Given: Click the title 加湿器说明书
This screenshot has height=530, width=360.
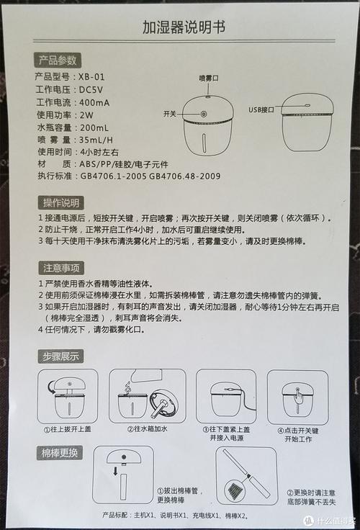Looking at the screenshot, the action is point(183,27).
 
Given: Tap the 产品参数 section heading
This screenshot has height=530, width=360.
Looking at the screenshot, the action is point(58,60).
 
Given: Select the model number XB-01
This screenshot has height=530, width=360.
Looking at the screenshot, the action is point(91,77).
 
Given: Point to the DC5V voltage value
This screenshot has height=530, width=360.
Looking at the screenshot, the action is point(91,90).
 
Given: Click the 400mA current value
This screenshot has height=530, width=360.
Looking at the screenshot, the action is point(94,103).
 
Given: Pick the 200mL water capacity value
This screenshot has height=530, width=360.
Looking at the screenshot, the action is point(94,127).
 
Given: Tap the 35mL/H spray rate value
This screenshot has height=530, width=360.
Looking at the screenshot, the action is point(96,140).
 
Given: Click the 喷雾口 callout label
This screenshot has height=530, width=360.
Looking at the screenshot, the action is point(209,78).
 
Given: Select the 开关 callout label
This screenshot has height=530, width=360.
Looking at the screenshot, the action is point(170,114).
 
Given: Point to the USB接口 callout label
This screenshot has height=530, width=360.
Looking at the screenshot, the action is point(261,110).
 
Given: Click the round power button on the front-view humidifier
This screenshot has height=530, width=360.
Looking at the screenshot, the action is point(204,114).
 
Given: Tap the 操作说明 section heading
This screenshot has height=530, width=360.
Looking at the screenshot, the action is point(61,203).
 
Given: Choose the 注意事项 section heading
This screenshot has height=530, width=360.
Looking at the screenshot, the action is point(61,269).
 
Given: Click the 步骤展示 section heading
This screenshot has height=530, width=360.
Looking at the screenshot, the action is point(60,356).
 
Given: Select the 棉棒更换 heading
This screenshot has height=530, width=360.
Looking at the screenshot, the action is point(60,453).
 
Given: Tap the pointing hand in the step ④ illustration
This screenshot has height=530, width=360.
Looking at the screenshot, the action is point(298,395).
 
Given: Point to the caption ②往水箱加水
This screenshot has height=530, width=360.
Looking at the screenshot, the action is point(148,429).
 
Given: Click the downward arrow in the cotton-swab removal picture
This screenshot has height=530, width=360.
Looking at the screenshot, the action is point(115,471).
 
